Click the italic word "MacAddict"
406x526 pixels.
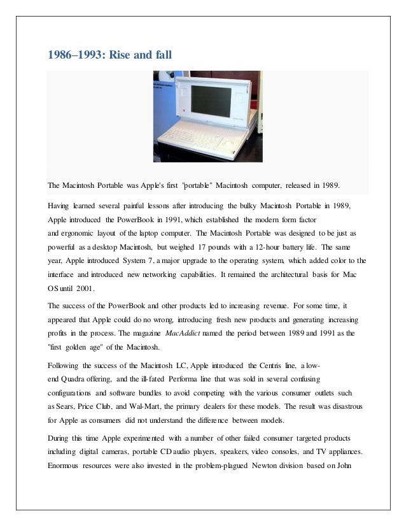tap(185, 332)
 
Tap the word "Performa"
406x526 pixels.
tap(185, 380)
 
